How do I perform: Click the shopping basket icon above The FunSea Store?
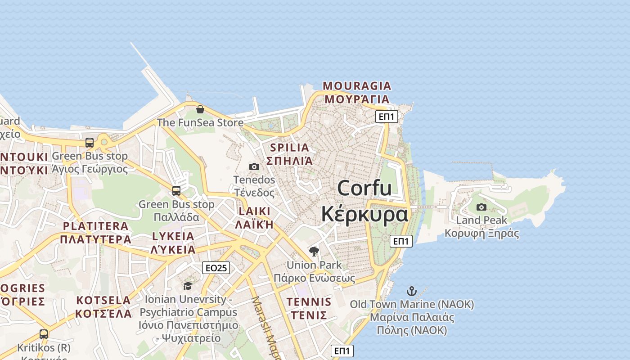tap(200, 109)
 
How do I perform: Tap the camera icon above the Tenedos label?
tap(254, 167)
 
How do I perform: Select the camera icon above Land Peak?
tap(481, 207)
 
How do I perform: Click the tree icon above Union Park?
tap(314, 252)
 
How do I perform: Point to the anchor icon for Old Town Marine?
tap(412, 291)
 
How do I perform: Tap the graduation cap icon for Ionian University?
tap(188, 286)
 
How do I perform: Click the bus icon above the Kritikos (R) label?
tap(44, 334)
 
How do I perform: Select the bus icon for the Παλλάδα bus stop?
tap(176, 191)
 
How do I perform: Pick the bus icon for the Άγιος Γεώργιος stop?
tap(90, 143)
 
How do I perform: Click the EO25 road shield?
tap(216, 268)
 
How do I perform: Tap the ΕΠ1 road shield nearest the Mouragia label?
tap(387, 117)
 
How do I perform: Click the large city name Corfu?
tap(364, 188)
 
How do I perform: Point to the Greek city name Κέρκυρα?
tap(364, 214)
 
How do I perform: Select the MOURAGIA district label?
tap(357, 86)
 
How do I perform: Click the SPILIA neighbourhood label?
tap(290, 148)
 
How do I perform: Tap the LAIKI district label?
tap(255, 211)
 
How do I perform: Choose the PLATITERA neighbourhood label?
tap(95, 226)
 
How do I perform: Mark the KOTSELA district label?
tap(103, 300)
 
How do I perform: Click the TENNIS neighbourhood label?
tap(309, 302)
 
